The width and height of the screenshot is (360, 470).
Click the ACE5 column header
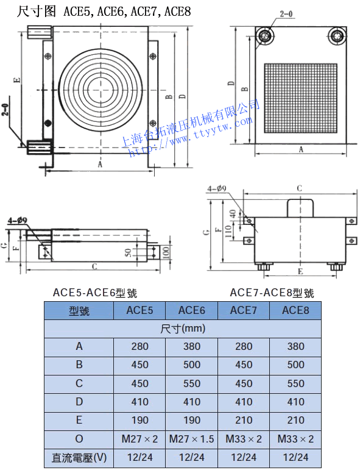[139, 310]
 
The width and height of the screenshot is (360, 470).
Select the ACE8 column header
[295, 310]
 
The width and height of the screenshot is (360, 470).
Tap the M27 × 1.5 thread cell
[192, 439]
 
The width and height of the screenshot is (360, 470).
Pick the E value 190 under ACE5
[140, 420]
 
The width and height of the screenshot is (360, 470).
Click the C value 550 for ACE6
[192, 383]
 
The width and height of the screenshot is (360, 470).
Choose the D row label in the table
[79, 402]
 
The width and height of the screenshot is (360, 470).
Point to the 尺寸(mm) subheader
[183, 329]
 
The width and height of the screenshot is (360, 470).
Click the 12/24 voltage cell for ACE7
[244, 457]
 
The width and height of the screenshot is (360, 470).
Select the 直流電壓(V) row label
[79, 458]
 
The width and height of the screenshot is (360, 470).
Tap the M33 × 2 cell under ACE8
[295, 439]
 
